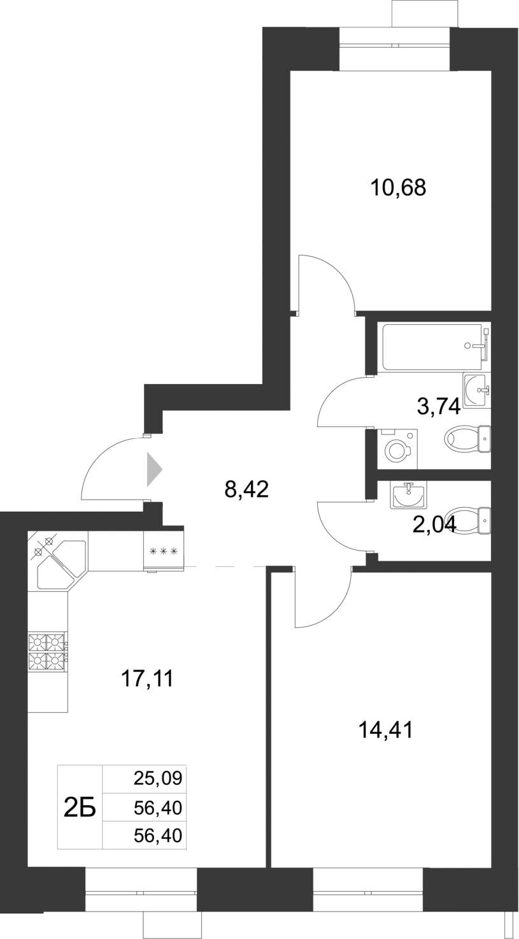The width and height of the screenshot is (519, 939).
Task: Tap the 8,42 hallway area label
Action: pos(247,489)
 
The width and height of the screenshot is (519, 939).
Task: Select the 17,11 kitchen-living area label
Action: pos(147,679)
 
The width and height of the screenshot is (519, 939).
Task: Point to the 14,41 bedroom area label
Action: pos(386,729)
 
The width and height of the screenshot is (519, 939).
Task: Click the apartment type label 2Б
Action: pos(80,808)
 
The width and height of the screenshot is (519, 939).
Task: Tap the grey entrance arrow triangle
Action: pos(154,470)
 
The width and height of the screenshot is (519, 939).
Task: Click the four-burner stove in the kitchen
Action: pos(48,651)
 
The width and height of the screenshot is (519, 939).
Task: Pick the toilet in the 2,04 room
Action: pos(469,520)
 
